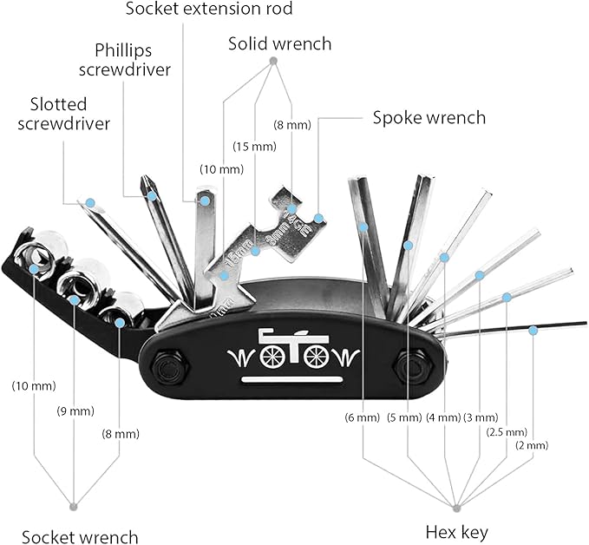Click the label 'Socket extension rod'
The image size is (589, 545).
(208, 10)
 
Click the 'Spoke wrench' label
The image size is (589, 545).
(429, 117)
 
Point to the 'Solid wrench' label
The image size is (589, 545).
(279, 43)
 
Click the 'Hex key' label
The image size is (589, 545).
(455, 531)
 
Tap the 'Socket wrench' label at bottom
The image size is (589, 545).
(80, 536)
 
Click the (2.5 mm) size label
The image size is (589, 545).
(507, 431)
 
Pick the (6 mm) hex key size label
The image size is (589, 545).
(363, 417)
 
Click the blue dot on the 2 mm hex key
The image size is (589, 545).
(533, 331)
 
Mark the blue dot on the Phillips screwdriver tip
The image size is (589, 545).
(153, 197)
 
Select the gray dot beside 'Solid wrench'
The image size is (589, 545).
(273, 62)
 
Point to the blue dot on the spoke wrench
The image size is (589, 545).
(319, 217)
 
